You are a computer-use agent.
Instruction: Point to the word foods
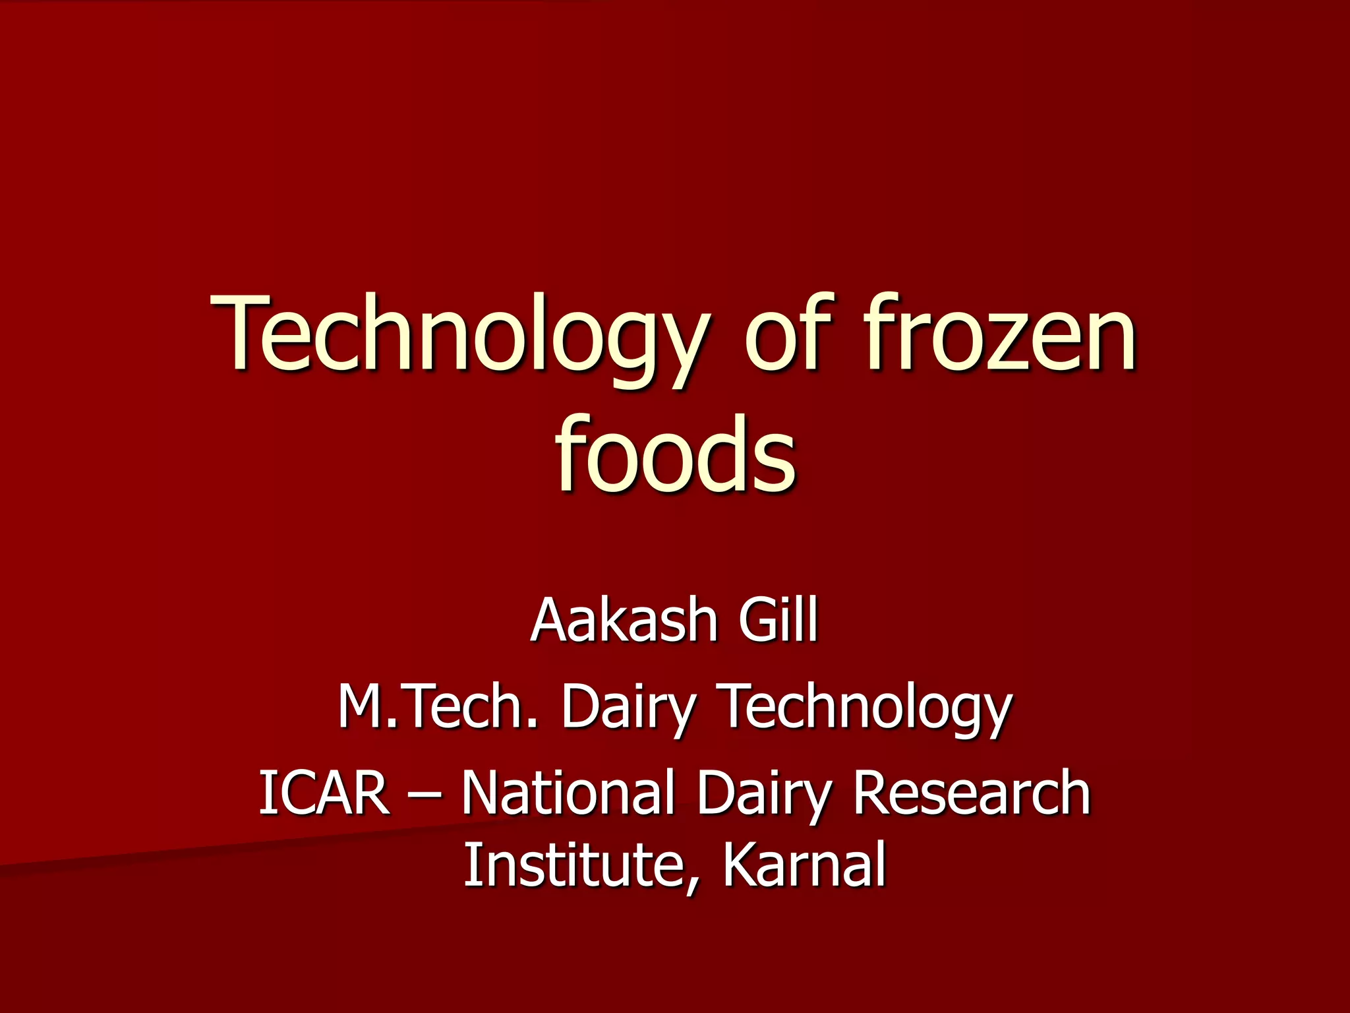tap(675, 455)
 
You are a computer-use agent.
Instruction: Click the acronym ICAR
tap(323, 793)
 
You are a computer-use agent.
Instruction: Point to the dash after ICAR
tap(425, 794)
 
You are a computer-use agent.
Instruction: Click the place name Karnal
tap(804, 865)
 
